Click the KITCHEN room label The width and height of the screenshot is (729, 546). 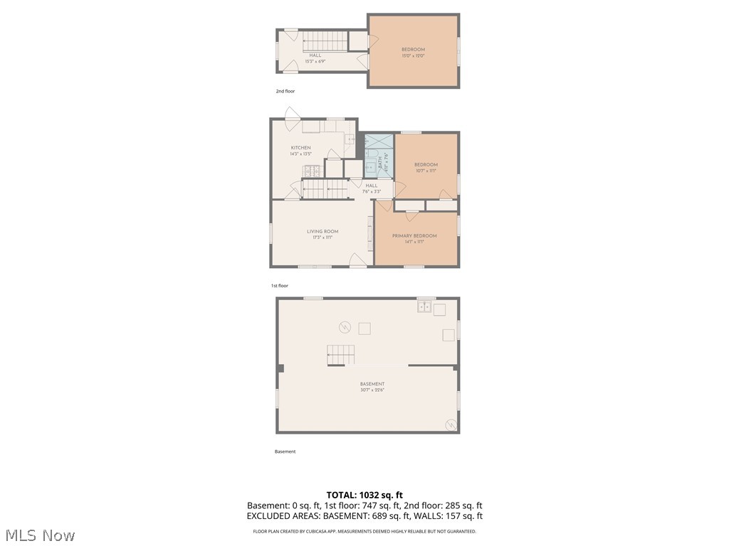pyautogui.click(x=300, y=148)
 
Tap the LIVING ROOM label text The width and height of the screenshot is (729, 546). pyautogui.click(x=322, y=231)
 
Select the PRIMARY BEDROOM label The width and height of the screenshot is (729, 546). pyautogui.click(x=414, y=236)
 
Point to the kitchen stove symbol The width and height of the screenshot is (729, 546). pyautogui.click(x=310, y=171)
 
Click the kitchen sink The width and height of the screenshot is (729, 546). pyautogui.click(x=350, y=139)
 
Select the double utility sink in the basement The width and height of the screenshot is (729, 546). pyautogui.click(x=424, y=307)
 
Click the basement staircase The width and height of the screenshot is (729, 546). pyautogui.click(x=340, y=354)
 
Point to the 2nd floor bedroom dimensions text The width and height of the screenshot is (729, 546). pyautogui.click(x=413, y=55)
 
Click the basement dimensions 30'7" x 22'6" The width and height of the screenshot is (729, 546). pyautogui.click(x=372, y=390)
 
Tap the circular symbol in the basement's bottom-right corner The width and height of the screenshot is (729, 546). pyautogui.click(x=450, y=424)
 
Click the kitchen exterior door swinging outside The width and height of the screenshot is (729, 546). pyautogui.click(x=291, y=117)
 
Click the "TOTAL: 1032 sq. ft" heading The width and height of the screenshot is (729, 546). pyautogui.click(x=364, y=495)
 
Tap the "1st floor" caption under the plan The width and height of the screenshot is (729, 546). pyautogui.click(x=279, y=286)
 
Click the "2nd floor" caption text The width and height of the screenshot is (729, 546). pyautogui.click(x=285, y=91)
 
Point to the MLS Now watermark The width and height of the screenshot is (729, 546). pyautogui.click(x=40, y=535)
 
